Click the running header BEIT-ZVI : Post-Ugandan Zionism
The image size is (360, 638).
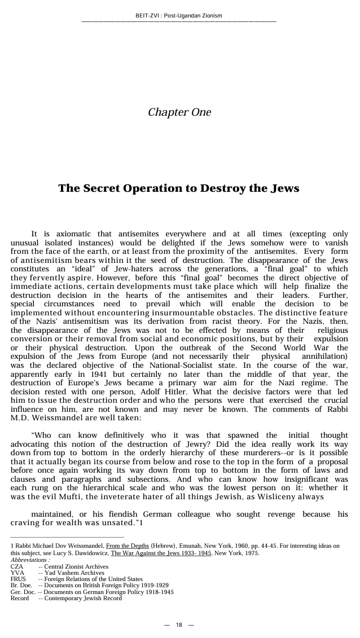179,15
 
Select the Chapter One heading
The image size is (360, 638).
179,112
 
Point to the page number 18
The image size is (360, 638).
179,625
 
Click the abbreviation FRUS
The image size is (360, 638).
18,579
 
